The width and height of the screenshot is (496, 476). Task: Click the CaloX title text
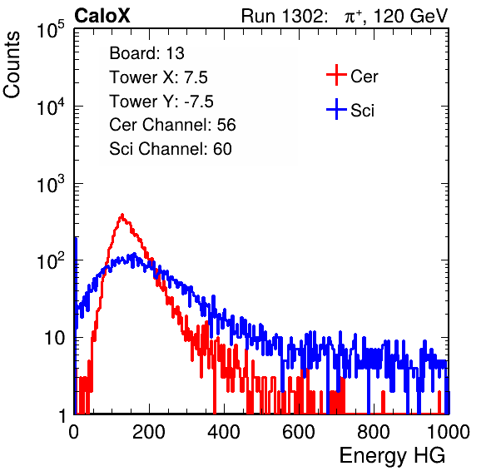102,16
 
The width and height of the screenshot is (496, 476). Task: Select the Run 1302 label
284,16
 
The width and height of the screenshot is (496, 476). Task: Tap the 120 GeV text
410,16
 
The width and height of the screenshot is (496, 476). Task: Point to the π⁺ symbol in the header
353,17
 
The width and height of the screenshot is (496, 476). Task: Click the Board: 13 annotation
146,53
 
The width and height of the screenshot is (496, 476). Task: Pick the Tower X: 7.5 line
158,77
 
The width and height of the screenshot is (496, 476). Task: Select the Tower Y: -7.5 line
161,102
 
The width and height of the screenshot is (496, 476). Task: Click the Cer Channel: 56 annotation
172,125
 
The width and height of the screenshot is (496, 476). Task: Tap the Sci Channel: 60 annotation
171,149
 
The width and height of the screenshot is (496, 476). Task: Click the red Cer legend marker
336,75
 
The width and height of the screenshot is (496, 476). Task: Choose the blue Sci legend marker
336,110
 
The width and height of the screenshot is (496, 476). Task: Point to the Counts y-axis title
12,65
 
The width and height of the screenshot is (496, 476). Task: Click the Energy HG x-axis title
392,456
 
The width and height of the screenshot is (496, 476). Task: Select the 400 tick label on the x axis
224,432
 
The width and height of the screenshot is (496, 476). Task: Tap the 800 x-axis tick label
374,432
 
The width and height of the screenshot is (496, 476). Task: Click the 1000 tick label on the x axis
449,432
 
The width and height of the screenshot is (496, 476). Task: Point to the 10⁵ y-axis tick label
51,29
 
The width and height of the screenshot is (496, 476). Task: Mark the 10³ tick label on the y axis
51,183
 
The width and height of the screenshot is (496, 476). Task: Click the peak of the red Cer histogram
122,215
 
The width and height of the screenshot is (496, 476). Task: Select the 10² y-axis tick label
51,260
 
